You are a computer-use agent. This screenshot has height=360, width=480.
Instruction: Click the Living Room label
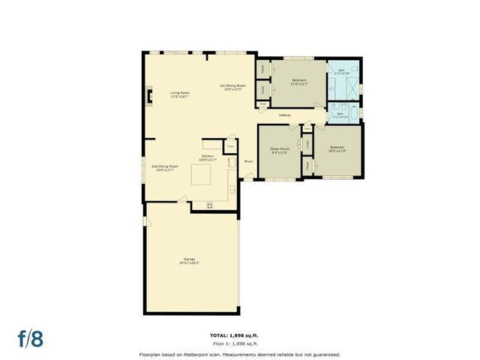[179, 94]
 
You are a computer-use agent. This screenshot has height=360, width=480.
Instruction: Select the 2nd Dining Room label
[163, 168]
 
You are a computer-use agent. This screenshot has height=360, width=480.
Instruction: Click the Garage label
[189, 261]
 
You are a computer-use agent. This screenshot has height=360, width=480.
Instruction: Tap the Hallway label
[285, 115]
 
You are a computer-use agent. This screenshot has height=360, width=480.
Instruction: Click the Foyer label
[248, 160]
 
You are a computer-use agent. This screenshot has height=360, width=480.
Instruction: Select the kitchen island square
[202, 176]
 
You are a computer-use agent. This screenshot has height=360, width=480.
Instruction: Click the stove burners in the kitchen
[210, 204]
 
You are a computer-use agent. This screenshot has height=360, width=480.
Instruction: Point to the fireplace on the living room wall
[148, 95]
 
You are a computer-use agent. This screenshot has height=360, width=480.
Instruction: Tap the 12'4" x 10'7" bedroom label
[300, 81]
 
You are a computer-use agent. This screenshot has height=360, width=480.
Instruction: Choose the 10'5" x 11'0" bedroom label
[337, 148]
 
